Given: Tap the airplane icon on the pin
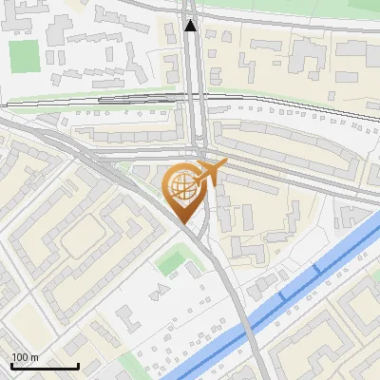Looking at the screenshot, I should point(208,174).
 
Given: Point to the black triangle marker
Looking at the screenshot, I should point(191,26).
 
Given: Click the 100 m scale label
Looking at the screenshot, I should point(25,357).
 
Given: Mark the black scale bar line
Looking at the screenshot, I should point(45,366).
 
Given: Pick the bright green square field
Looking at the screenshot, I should point(22,56).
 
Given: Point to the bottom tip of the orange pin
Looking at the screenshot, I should point(182,222).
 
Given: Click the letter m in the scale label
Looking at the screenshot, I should point(34,358).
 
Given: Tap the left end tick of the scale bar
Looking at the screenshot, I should point(11,365).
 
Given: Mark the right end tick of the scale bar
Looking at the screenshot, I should point(78,365).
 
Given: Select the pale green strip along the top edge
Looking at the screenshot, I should point(285,4).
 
